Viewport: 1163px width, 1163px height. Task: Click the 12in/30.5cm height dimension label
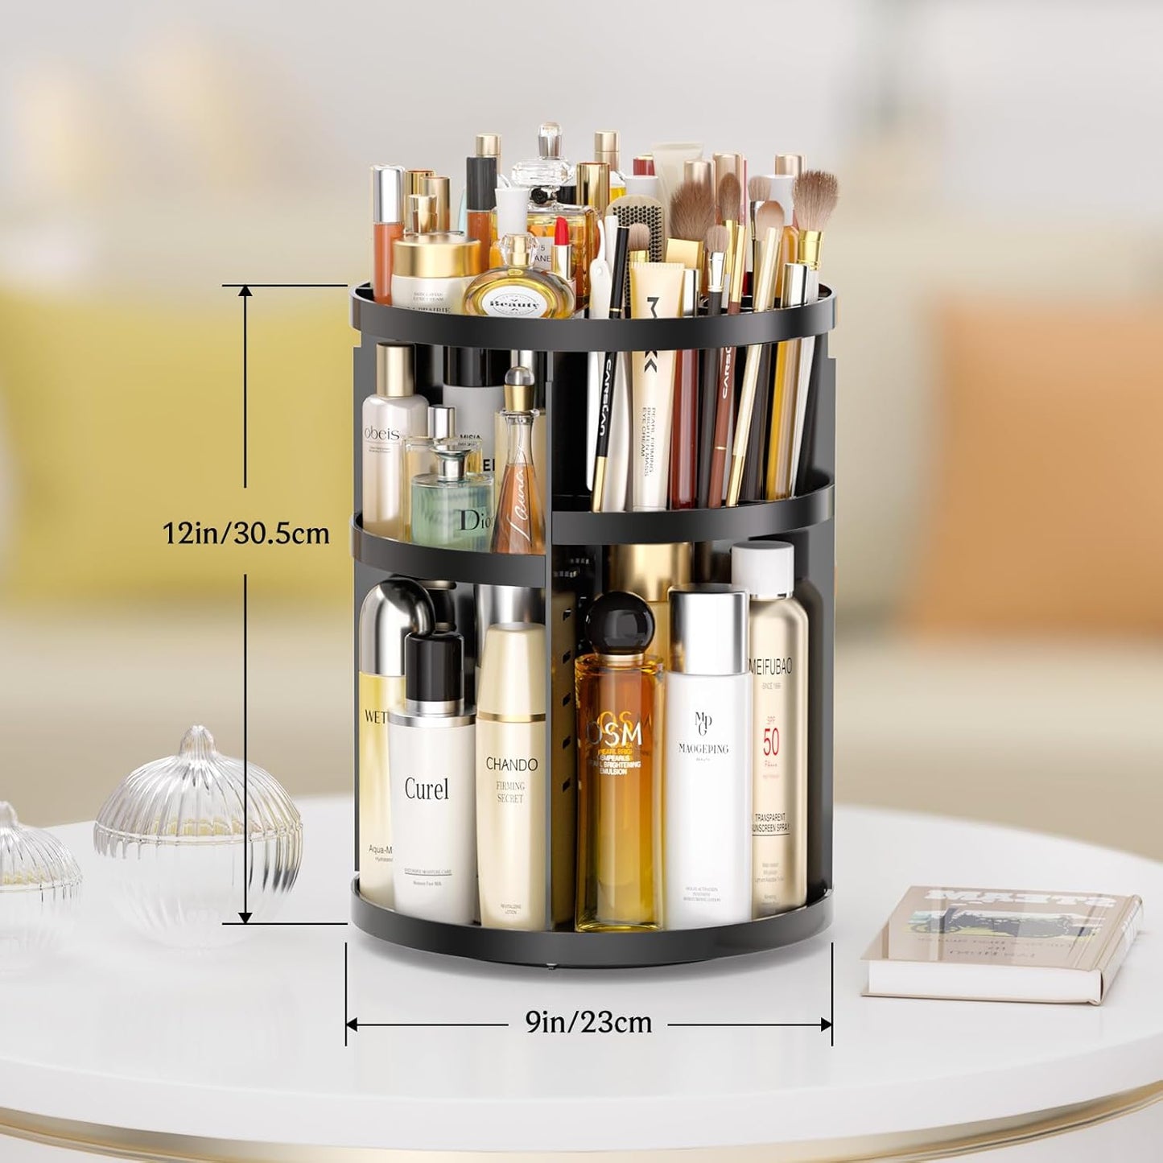point(246,533)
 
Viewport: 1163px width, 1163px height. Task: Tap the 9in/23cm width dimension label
point(588,1022)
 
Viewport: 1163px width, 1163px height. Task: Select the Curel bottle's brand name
point(427,789)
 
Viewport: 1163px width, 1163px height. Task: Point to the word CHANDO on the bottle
point(511,764)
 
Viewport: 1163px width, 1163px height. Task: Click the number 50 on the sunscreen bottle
point(771,740)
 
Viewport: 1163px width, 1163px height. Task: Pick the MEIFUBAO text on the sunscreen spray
point(771,667)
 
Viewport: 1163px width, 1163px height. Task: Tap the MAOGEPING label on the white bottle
point(703,749)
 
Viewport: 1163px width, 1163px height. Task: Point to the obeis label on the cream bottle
point(382,433)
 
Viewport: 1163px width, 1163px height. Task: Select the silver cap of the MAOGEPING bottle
point(707,631)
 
